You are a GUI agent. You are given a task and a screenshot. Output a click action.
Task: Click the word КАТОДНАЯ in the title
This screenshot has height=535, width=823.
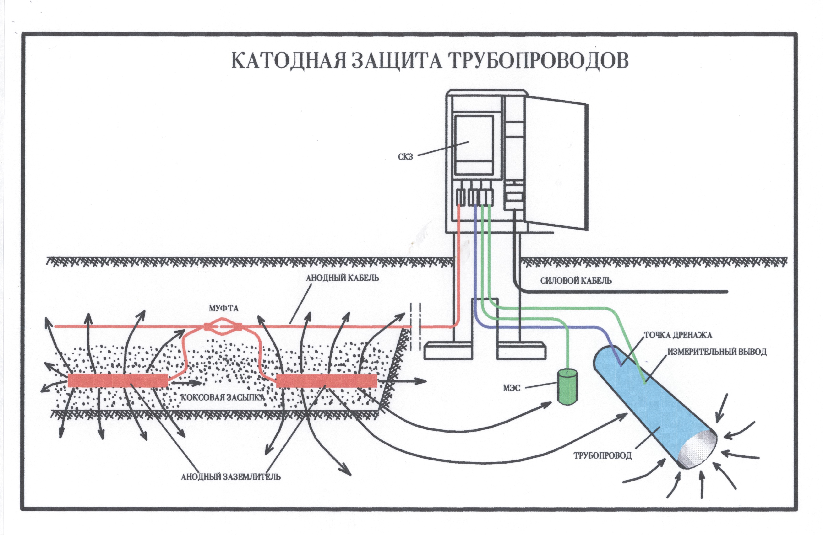289,61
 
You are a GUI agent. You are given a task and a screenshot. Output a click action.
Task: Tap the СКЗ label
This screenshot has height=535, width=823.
405,157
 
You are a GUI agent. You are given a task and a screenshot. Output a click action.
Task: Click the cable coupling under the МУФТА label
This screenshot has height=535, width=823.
223,326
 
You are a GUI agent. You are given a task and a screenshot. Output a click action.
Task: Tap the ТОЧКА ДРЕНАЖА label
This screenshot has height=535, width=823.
677,335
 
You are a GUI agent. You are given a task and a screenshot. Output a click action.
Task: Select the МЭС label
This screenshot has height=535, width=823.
512,388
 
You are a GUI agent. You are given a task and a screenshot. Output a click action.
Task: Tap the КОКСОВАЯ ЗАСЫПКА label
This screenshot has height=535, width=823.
223,397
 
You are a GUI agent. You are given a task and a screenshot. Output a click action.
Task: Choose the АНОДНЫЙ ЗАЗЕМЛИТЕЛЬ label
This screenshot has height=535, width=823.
231,477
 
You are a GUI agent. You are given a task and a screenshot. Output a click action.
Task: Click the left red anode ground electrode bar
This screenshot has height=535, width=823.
118,380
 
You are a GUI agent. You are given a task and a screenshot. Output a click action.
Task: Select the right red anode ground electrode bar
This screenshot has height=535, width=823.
327,380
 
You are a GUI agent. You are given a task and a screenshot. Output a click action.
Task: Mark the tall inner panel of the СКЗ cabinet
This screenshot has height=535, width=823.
473,145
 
